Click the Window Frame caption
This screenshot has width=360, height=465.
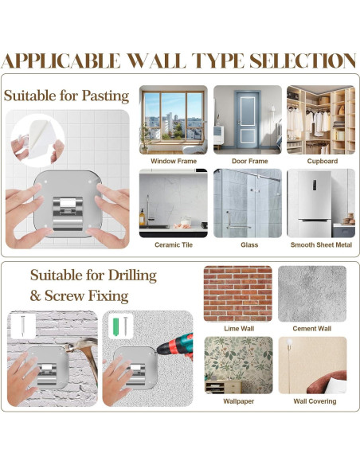[x=174, y=161]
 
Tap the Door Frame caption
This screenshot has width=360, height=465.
[x=249, y=161]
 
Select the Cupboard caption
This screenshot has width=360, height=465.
[x=323, y=161]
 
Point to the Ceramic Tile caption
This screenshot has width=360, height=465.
[x=174, y=244]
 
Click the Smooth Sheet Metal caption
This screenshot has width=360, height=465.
[x=321, y=244]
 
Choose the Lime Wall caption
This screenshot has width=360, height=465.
[x=239, y=328]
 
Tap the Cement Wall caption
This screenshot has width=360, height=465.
[x=311, y=328]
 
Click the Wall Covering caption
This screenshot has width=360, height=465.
[x=315, y=401]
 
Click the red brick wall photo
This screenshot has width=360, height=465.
[x=238, y=294]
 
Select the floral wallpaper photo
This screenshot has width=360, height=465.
[x=238, y=365]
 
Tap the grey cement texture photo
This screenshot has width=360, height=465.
[x=312, y=294]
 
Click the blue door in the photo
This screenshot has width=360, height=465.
[x=248, y=119]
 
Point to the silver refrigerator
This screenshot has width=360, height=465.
[x=315, y=204]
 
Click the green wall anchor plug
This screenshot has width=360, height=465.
[x=115, y=326]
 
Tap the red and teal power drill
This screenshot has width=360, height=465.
[x=176, y=346]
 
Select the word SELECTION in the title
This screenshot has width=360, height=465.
[x=303, y=61]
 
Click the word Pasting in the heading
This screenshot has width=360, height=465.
[x=105, y=96]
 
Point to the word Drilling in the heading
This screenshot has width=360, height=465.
[x=132, y=275]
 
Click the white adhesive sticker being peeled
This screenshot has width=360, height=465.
[x=40, y=139]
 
